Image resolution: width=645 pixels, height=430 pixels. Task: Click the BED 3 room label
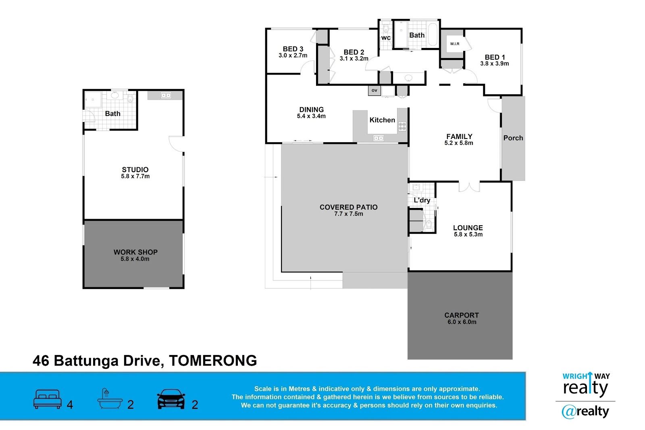pos(293,49)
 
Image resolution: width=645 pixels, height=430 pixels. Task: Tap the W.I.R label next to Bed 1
pos(455,44)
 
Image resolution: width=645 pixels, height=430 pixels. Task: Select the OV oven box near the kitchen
pos(375,90)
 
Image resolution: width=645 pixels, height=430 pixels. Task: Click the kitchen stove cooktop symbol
pos(402,127)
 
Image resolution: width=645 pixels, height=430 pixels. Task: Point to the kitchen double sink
pos(379,138)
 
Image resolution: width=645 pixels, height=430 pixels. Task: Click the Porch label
pos(513,138)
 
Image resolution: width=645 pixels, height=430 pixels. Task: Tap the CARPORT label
pos(462,315)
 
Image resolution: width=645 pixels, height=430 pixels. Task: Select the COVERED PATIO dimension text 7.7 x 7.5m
pos(348,214)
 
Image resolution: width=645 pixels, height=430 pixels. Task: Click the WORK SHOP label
pos(135,252)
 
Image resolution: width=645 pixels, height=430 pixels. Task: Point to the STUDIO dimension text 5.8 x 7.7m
pos(135,176)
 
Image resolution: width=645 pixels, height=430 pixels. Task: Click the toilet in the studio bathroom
pos(130,98)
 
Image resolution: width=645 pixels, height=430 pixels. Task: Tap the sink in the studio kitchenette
pos(166,95)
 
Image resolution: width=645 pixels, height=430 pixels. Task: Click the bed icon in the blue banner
pos(48,399)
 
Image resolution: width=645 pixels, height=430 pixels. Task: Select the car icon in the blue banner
pos(171,399)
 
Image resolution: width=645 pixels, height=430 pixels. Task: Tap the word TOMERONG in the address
pos(213,361)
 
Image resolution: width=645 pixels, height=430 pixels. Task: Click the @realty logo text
pos(585,411)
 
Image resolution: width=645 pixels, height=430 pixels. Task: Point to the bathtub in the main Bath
pos(433,35)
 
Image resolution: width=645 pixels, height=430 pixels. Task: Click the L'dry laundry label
pos(422,200)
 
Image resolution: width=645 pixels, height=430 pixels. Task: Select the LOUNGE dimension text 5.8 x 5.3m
pos(468,234)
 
